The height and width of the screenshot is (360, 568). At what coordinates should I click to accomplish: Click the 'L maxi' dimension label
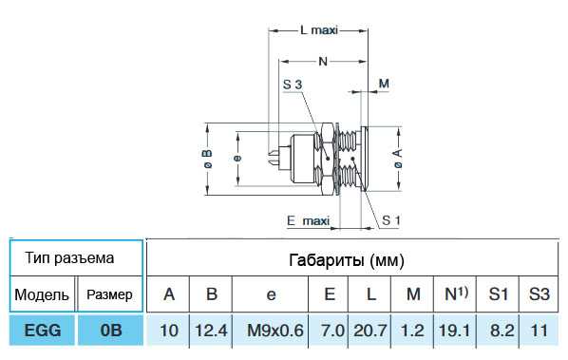point(319,30)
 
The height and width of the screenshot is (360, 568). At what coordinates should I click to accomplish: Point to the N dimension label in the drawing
point(323,61)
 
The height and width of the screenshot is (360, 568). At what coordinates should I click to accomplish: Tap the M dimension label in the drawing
point(384,84)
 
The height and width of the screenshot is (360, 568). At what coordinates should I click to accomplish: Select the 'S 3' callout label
point(293,85)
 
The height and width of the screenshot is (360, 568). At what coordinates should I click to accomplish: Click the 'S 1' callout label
point(391,220)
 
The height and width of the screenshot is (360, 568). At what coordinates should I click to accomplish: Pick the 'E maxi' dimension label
point(309,220)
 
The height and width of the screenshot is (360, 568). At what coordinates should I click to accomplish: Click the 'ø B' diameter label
point(207,159)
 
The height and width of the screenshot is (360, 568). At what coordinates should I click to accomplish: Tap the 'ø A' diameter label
point(398,159)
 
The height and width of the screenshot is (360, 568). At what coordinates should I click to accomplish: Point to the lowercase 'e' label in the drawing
point(237,159)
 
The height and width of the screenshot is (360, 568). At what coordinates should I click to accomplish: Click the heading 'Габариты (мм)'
point(347,260)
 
